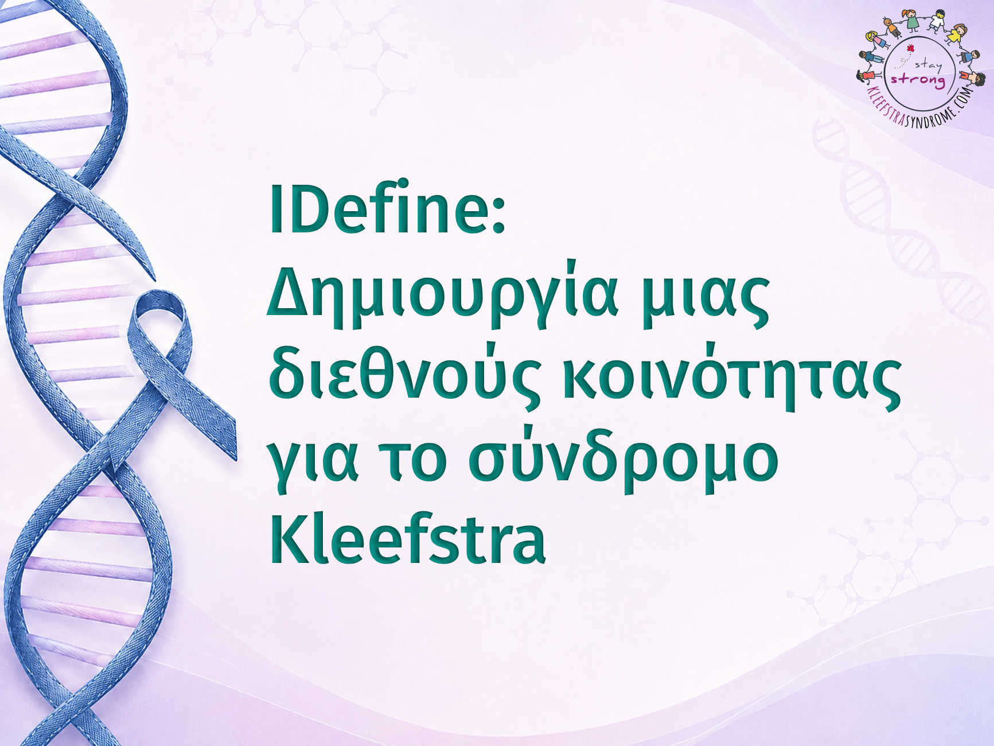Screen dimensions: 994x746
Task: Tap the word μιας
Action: click(705, 301)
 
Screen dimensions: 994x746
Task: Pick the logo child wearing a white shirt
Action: click(936, 21)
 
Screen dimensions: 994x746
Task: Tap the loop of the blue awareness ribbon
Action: click(159, 321)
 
